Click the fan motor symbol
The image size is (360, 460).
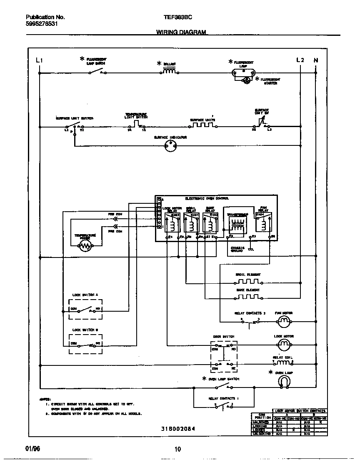coord(284,320)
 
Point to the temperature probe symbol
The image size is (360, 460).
coord(85,246)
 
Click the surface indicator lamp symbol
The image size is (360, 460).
coord(170,145)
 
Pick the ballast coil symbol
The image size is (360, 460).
coord(169,71)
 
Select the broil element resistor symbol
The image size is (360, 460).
coord(247,282)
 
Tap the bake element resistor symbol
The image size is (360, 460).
coord(247,297)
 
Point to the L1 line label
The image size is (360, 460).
coord(40,60)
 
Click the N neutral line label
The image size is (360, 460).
coord(315,60)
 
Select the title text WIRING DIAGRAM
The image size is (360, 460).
coord(181,32)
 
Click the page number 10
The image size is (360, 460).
coord(178,449)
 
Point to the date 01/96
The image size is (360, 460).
coord(32,448)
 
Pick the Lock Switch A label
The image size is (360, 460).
coord(85,295)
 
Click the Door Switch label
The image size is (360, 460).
coord(224,336)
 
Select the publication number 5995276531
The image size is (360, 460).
coord(42,24)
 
